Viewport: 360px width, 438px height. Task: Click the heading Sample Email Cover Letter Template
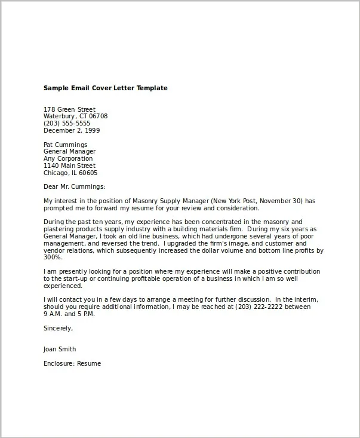(105, 88)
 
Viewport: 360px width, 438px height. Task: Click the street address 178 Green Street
(69, 109)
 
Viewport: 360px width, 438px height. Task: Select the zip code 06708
(97, 116)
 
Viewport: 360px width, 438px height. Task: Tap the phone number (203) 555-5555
(67, 123)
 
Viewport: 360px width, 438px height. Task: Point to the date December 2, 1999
(72, 130)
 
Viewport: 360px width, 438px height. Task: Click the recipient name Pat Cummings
(65, 145)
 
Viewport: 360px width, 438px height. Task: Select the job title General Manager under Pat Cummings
(69, 152)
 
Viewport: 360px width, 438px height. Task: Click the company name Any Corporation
(68, 159)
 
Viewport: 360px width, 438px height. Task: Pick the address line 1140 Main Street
(69, 166)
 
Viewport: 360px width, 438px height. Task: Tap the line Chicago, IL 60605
(70, 173)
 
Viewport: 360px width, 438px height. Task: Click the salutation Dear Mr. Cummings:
(74, 187)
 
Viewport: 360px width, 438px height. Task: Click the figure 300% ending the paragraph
(53, 258)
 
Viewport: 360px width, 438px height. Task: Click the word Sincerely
(58, 328)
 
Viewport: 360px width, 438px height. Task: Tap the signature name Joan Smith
(60, 349)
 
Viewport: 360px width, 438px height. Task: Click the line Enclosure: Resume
(72, 363)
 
